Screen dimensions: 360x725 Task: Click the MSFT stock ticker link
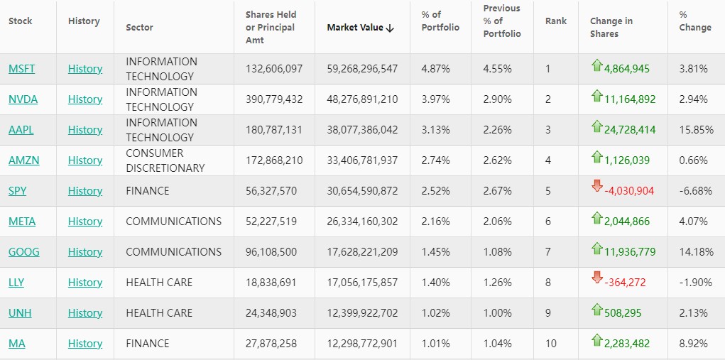point(21,69)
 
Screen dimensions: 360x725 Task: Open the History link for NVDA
point(85,99)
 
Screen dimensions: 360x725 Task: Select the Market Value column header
point(355,28)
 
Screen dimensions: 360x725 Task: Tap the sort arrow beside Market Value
point(390,28)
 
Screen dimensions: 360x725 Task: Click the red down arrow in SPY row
point(597,186)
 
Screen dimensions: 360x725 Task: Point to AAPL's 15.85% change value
point(694,130)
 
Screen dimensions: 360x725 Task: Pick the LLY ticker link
point(16,283)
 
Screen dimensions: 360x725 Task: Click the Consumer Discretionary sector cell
point(165,160)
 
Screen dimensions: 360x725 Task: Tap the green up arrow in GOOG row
point(597,248)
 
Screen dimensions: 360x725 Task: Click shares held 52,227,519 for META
point(274,222)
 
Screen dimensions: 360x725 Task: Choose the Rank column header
point(556,21)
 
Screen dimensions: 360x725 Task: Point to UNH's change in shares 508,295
point(626,313)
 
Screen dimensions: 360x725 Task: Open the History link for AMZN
point(85,160)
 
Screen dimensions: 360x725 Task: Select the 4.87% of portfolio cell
point(435,69)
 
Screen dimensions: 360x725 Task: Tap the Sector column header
point(139,28)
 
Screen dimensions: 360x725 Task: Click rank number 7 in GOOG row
point(547,252)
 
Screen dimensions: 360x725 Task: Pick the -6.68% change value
point(695,191)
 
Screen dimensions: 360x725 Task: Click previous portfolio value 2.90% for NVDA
point(497,99)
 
